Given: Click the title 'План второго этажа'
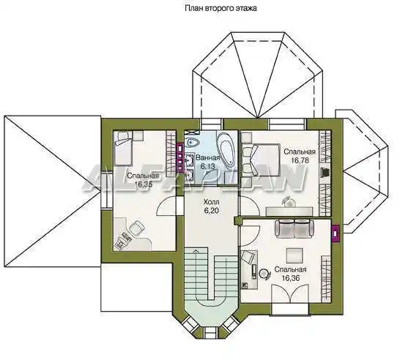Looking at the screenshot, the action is (x=221, y=8).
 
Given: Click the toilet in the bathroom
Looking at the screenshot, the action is (x=193, y=143).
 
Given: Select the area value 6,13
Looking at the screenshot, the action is (x=207, y=166).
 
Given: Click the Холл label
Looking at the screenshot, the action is (x=211, y=202).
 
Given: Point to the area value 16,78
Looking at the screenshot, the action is (x=300, y=160).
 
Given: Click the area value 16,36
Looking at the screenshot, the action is (x=291, y=278).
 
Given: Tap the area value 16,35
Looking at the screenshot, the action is (x=144, y=184).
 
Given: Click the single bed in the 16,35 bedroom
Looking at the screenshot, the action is (x=122, y=149).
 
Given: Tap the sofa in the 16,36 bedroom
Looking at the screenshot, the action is (x=294, y=228).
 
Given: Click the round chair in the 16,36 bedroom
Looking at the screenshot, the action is (x=264, y=274).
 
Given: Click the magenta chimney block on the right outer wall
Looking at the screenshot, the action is (x=336, y=233).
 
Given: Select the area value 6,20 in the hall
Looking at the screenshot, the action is (x=211, y=211).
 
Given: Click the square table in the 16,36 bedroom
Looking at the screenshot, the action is (x=295, y=255).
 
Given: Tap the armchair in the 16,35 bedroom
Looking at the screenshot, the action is (x=136, y=228).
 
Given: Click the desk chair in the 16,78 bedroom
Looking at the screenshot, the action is (x=289, y=201).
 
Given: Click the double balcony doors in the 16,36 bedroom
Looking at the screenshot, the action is (x=290, y=293).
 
